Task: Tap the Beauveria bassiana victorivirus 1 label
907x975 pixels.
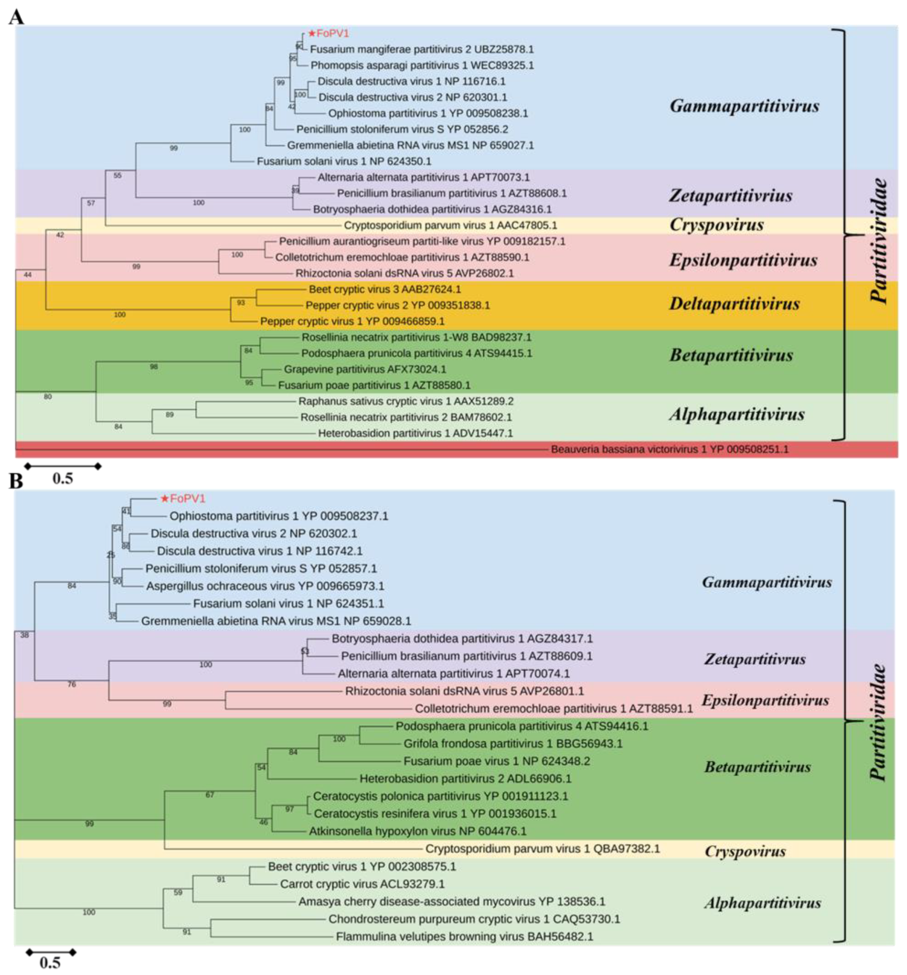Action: [669, 449]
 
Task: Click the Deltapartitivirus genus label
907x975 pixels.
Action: [734, 304]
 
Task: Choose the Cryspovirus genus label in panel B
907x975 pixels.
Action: [744, 851]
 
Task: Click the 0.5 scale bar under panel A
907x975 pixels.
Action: [63, 467]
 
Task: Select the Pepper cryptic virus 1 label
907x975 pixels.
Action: [352, 322]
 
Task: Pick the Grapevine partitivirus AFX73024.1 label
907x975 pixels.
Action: [365, 369]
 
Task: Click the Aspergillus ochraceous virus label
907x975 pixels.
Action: [265, 586]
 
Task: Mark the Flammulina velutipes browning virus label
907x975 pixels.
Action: [464, 937]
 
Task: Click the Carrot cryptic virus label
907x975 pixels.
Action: [362, 884]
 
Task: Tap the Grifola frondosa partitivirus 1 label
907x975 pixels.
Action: [513, 744]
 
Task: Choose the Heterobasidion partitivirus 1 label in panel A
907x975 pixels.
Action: [415, 433]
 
